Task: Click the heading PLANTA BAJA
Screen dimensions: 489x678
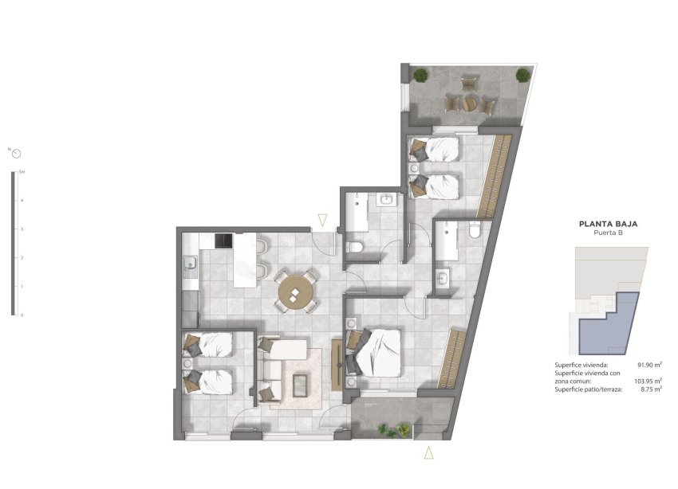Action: [608, 224]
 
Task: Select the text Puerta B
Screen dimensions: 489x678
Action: [608, 234]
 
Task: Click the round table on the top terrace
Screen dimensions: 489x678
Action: [470, 103]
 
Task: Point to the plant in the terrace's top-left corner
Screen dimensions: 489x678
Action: [420, 76]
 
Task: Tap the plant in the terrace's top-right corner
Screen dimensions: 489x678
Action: [522, 76]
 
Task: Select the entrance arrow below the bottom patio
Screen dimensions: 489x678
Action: [428, 453]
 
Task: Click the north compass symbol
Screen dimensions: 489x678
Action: [15, 152]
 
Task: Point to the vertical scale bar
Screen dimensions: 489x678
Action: [13, 243]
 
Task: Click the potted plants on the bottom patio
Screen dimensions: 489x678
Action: [389, 430]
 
